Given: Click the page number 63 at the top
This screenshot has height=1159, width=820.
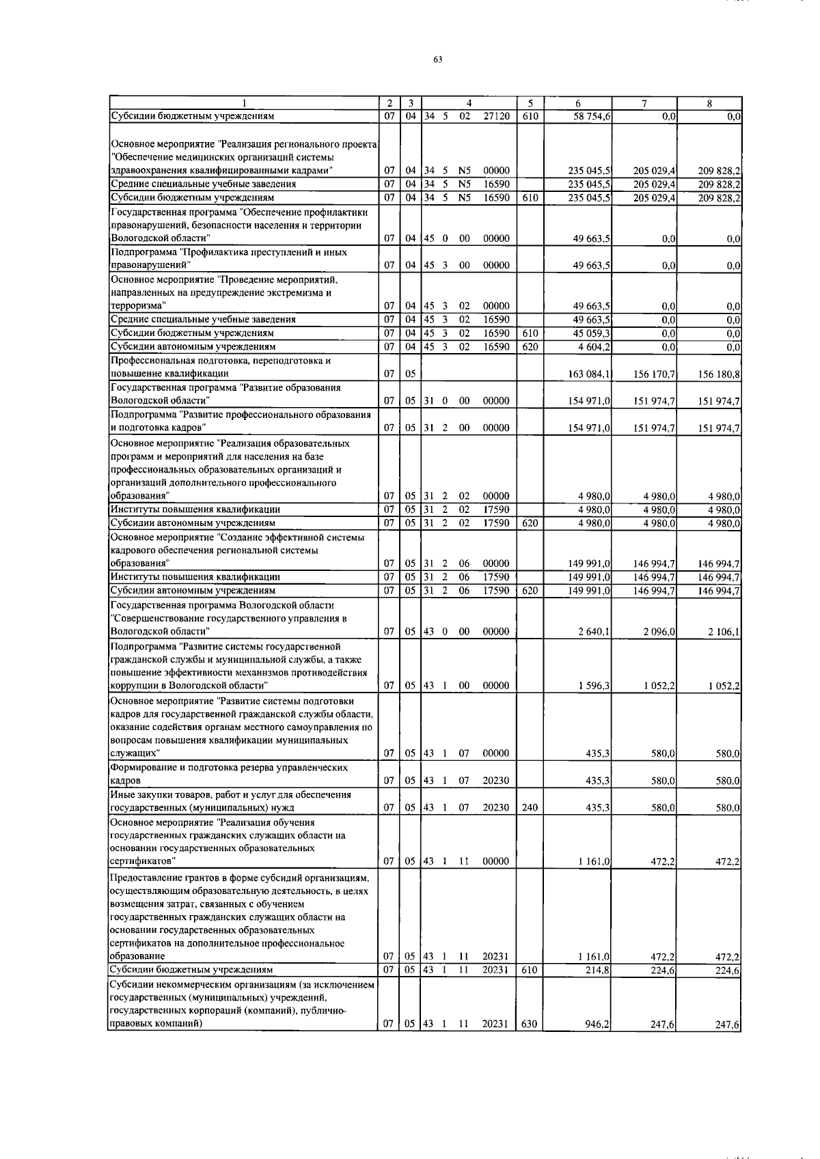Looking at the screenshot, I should [438, 59].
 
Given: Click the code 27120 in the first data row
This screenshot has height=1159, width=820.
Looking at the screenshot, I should [496, 117].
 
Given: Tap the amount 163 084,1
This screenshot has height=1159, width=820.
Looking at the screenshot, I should [590, 374].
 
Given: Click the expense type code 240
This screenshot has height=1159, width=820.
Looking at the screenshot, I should [530, 807].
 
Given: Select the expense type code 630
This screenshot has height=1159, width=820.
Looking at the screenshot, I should [530, 1024].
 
